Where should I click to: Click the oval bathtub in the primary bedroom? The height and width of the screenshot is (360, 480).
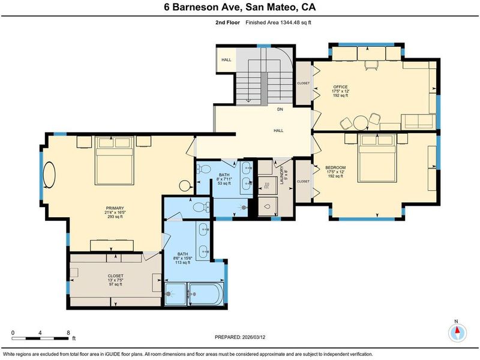pyautogui.click(x=49, y=175)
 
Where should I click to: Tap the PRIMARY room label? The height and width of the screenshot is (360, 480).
pyautogui.click(x=115, y=208)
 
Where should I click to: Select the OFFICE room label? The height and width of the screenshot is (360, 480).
pyautogui.click(x=340, y=87)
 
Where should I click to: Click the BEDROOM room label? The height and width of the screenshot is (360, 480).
pyautogui.click(x=335, y=168)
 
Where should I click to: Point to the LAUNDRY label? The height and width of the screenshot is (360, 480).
pyautogui.click(x=282, y=175)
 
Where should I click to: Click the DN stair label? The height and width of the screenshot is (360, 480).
pyautogui.click(x=280, y=109)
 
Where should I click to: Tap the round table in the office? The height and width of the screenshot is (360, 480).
pyautogui.click(x=361, y=123)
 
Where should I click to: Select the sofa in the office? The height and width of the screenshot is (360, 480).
pyautogui.click(x=418, y=122)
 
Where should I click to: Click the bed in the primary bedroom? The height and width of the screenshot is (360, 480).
pyautogui.click(x=115, y=161)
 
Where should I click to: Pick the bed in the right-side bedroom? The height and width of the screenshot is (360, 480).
pyautogui.click(x=377, y=158)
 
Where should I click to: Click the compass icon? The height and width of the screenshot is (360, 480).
pyautogui.click(x=457, y=333)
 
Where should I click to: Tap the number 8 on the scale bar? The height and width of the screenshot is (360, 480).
pyautogui.click(x=68, y=333)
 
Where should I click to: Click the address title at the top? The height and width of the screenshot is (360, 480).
pyautogui.click(x=239, y=7)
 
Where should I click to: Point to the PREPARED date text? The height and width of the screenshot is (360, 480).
pyautogui.click(x=240, y=337)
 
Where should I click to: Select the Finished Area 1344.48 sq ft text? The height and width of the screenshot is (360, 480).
pyautogui.click(x=278, y=22)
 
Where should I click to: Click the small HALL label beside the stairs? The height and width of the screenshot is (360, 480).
pyautogui.click(x=226, y=59)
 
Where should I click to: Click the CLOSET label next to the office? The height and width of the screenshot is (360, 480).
pyautogui.click(x=304, y=83)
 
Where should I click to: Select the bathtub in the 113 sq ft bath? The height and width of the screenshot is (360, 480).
pyautogui.click(x=206, y=294)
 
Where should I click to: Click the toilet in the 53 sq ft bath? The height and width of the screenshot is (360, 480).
pyautogui.click(x=204, y=169)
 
